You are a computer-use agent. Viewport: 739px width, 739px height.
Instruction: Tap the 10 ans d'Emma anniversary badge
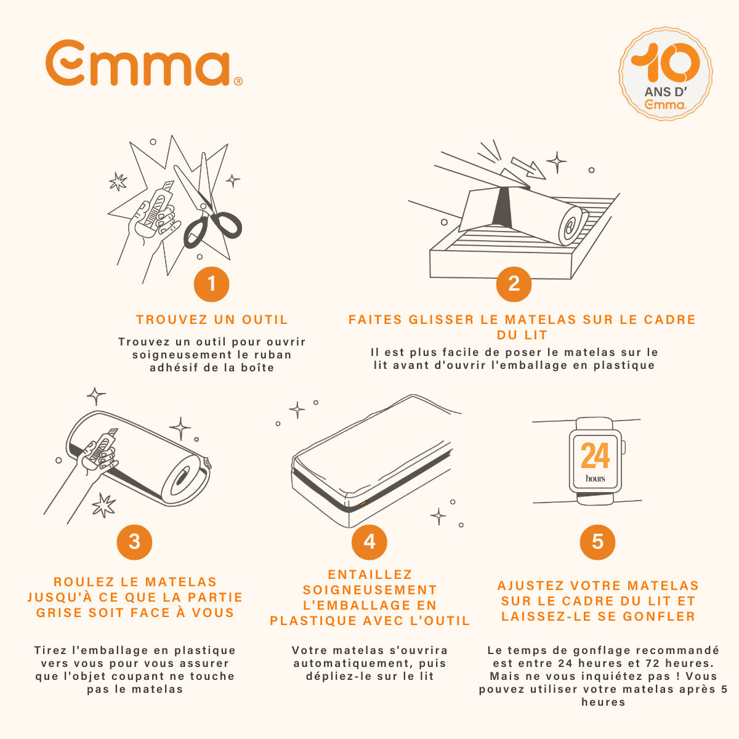click(x=666, y=73)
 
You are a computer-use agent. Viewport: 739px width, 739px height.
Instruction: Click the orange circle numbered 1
click(x=211, y=284)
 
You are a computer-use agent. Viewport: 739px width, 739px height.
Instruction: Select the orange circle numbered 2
click(x=514, y=284)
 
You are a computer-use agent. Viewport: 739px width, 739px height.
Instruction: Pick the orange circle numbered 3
click(x=134, y=542)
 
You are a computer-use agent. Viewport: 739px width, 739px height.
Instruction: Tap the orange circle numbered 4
click(x=369, y=542)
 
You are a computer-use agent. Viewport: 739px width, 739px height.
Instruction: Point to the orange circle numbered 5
click(x=597, y=542)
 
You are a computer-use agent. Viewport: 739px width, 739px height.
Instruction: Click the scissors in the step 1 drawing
click(x=209, y=209)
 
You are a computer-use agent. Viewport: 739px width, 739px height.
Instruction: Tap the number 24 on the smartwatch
click(x=595, y=456)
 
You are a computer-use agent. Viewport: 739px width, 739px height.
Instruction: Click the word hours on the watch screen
click(x=595, y=479)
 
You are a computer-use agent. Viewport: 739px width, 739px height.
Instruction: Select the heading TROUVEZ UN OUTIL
click(x=212, y=320)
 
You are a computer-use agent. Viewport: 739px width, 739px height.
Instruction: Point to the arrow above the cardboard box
click(x=527, y=167)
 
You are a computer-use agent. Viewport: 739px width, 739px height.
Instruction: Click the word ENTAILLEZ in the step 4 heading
click(x=369, y=575)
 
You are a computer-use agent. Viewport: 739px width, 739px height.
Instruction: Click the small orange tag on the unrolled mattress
click(x=363, y=504)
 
